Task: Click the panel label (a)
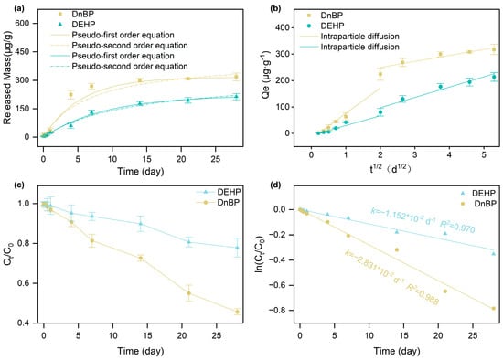point(18,8)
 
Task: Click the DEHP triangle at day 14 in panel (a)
point(140,103)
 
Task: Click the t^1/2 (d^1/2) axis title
point(391,168)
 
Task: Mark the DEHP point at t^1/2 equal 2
point(380,112)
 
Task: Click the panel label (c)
point(18,185)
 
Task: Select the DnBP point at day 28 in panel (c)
point(238,312)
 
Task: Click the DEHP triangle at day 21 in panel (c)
point(189,242)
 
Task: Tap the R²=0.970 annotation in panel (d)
point(457,227)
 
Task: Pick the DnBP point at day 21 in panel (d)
point(445,291)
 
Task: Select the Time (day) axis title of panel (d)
point(397,352)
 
